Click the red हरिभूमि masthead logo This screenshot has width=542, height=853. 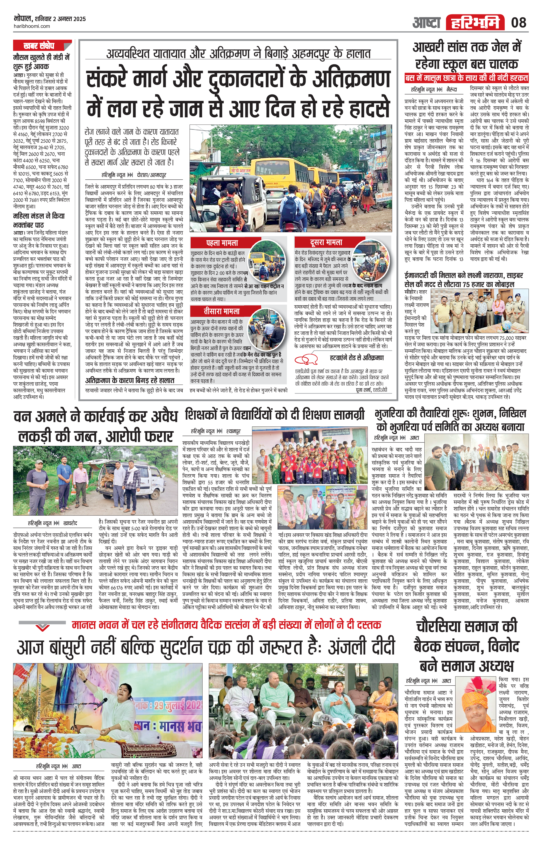[x=475, y=23]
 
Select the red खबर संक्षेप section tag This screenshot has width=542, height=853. [x=39, y=46]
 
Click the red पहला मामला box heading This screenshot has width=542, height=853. [x=222, y=243]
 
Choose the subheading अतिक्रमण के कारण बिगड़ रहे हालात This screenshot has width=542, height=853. [x=129, y=380]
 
